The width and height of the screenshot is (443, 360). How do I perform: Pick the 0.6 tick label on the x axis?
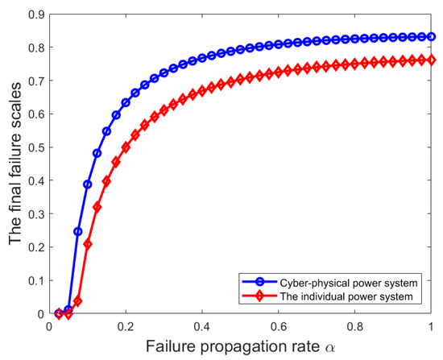[x=279, y=326]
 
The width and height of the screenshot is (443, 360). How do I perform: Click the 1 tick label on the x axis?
[x=432, y=326]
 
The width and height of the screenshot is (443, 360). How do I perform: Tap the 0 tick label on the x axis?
[x=49, y=326]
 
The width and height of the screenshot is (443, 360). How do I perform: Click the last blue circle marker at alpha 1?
[x=432, y=37]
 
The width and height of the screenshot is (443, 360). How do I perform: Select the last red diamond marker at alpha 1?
[x=432, y=60]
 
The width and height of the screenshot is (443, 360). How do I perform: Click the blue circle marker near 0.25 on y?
[x=78, y=231]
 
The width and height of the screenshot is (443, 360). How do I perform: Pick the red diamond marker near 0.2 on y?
[x=88, y=244]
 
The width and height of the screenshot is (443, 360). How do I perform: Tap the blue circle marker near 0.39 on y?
[x=88, y=184]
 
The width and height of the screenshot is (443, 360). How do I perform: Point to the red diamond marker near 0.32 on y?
[x=97, y=207]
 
